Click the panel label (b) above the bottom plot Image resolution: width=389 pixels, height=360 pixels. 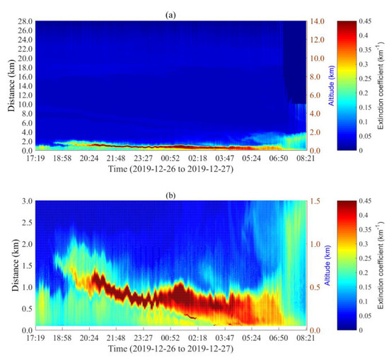pos(171,194)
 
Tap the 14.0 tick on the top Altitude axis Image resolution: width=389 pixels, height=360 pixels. pos(318,21)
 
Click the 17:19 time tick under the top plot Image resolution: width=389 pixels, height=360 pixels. pos(35,158)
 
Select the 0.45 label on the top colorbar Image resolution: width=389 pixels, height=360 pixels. pos(371,21)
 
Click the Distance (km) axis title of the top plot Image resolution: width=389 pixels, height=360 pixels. pos(10,86)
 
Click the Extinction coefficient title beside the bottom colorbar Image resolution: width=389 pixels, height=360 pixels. pos(385,265)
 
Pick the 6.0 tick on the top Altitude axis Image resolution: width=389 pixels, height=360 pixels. pos(316,95)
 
